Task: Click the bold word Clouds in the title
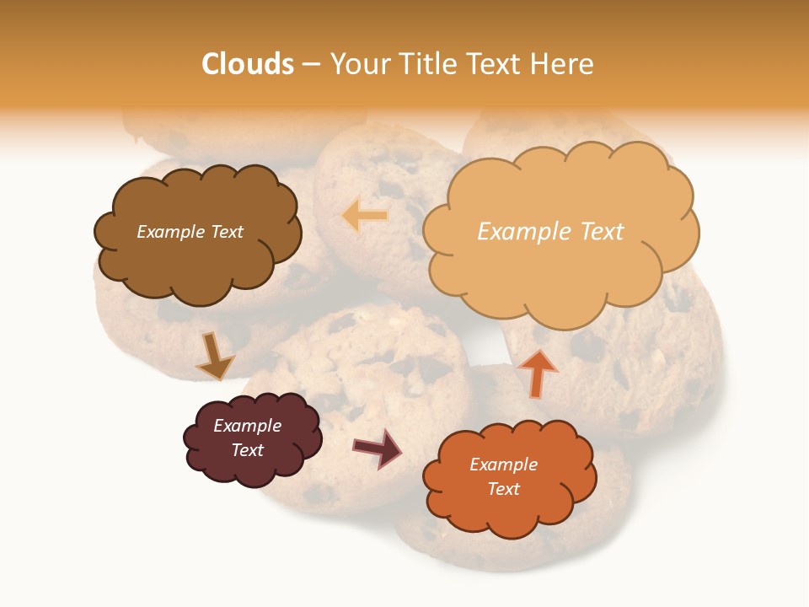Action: tap(248, 64)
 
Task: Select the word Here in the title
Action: tap(563, 64)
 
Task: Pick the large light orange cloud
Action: tap(560, 270)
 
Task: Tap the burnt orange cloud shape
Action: tap(509, 506)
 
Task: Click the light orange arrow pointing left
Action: tap(365, 216)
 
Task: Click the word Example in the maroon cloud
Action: tap(247, 426)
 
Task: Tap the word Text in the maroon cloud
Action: tap(247, 450)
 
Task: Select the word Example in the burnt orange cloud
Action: tap(503, 465)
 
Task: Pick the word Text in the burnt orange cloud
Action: tap(503, 489)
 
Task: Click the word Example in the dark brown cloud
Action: tap(170, 232)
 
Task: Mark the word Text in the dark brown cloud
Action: tap(227, 232)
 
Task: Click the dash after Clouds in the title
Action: tap(310, 65)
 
